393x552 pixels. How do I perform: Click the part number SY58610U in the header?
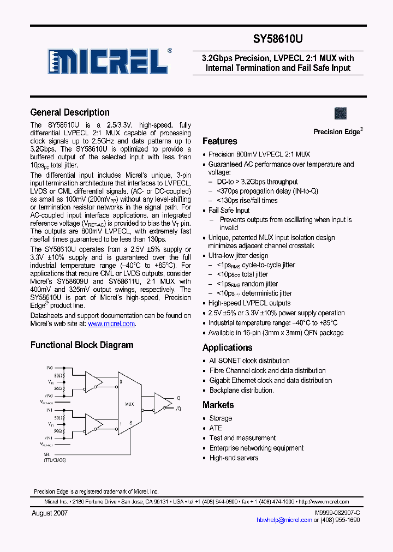tap(277, 39)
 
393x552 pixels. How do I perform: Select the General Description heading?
tap(70, 112)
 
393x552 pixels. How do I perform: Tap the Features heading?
tap(219, 141)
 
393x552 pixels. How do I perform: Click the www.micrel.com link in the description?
tap(111, 323)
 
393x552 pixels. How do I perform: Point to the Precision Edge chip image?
tap(341, 113)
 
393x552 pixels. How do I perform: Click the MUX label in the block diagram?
tap(129, 404)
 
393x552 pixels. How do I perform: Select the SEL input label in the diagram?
tap(47, 454)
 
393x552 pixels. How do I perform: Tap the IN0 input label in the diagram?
tap(50, 368)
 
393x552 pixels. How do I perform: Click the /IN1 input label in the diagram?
tap(49, 437)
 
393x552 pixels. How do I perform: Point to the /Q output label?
tap(178, 408)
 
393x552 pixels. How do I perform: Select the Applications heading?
tap(227, 347)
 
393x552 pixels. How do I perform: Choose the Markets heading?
tap(218, 405)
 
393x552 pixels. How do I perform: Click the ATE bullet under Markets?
tap(216, 428)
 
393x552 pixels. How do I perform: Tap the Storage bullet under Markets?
tap(221, 418)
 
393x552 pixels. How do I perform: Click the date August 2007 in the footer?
tap(50, 513)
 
